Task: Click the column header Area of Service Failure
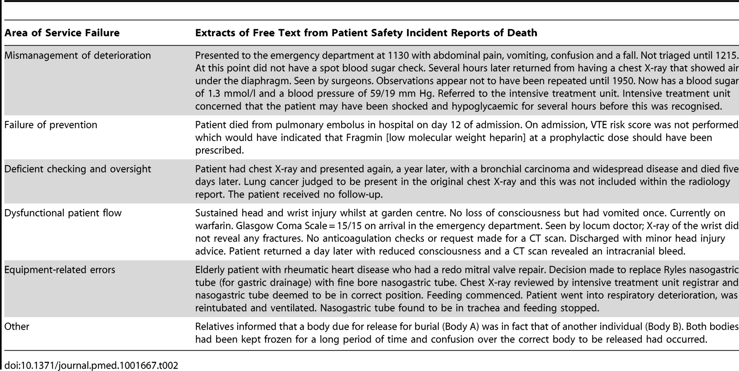62,33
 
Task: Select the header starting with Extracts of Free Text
366,33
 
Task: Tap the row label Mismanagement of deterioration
77,55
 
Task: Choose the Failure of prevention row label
51,125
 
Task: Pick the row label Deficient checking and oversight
78,169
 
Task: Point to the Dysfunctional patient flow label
63,213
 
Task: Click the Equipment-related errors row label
60,270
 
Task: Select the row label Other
17,327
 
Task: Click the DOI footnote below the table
91,365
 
